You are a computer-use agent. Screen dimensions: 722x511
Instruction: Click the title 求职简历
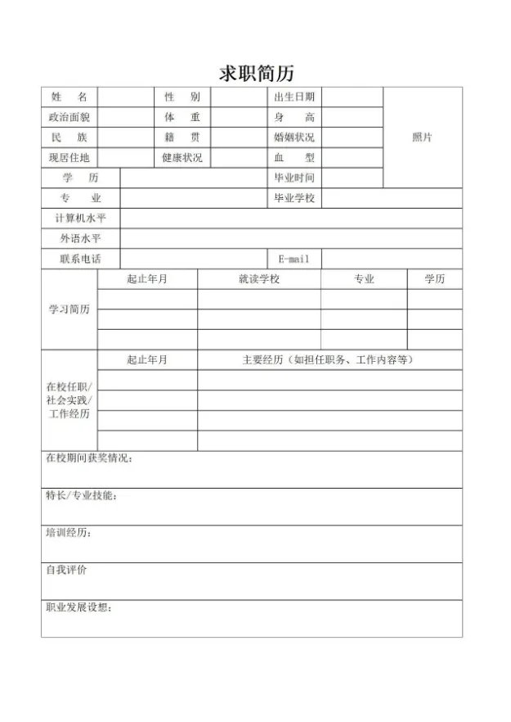(256, 73)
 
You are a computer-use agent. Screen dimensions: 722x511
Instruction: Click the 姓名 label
(69, 97)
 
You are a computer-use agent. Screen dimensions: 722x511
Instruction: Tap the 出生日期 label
(294, 97)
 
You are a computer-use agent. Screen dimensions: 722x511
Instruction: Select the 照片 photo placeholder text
(422, 138)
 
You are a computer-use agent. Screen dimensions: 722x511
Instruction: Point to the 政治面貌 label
(69, 117)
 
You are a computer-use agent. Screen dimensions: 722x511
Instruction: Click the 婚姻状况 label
(294, 138)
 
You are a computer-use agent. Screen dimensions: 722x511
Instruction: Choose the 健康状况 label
(182, 157)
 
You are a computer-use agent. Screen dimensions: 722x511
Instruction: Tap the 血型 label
(294, 157)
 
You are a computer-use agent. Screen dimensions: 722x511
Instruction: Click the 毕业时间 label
(294, 178)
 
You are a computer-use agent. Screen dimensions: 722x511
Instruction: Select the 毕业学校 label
(294, 198)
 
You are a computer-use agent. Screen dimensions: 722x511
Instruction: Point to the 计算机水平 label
(80, 219)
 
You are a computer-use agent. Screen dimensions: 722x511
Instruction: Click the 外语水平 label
(80, 238)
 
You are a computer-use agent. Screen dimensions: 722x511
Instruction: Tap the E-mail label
(294, 259)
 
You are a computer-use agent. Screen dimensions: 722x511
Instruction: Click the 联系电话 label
(80, 259)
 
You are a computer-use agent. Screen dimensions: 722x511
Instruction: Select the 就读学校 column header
(258, 279)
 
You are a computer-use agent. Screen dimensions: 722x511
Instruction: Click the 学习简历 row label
(69, 309)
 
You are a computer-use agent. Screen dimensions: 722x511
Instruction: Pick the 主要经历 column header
(329, 359)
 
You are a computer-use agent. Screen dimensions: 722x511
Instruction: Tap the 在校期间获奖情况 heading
(89, 458)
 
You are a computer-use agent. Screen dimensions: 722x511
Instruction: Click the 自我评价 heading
(65, 570)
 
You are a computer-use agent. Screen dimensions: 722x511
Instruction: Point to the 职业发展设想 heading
(78, 607)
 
